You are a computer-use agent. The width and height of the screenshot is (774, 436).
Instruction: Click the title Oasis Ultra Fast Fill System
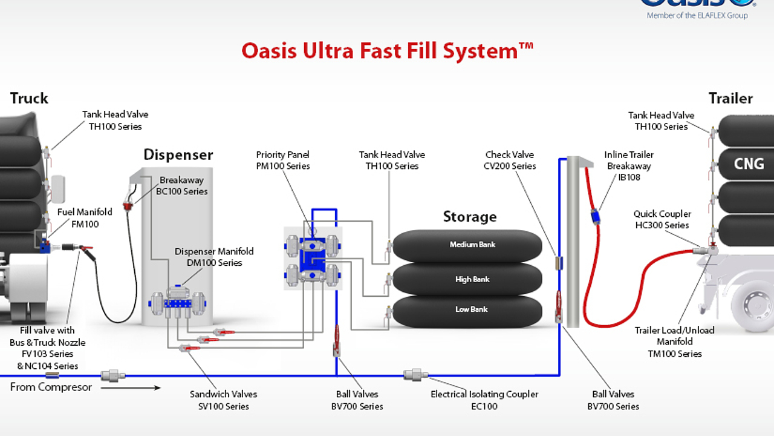click(x=387, y=50)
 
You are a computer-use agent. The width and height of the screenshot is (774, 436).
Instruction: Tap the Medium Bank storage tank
click(x=473, y=245)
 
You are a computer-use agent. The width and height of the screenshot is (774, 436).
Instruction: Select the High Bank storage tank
click(x=473, y=279)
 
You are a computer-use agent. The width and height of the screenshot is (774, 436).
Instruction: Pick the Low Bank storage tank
click(x=472, y=309)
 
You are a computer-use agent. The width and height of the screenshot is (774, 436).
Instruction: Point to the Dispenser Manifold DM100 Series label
click(x=214, y=257)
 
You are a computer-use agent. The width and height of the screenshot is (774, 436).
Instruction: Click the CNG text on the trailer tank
click(x=749, y=163)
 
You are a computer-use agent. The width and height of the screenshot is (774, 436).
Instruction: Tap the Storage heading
click(x=469, y=217)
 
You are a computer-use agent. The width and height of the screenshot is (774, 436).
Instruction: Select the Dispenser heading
click(x=178, y=154)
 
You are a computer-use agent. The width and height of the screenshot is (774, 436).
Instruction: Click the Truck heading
click(x=29, y=98)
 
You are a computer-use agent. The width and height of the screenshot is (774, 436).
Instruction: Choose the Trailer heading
click(x=730, y=98)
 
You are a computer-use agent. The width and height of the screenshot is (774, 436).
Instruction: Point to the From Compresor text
click(x=51, y=387)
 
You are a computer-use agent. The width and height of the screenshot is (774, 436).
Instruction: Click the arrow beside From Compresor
click(x=131, y=388)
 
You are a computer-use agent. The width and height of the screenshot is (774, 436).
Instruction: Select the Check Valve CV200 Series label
click(x=509, y=160)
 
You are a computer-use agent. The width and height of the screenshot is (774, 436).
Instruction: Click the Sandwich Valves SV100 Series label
click(x=223, y=400)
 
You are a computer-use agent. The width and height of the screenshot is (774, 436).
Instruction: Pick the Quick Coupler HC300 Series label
click(x=662, y=219)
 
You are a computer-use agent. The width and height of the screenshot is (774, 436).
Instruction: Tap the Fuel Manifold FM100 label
click(x=85, y=218)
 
